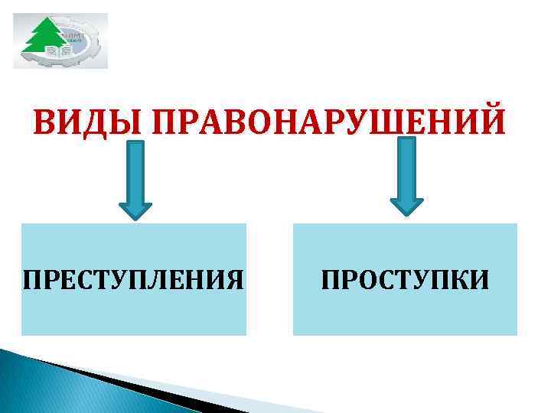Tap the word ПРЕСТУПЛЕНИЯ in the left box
[134, 280]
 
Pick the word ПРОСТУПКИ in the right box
[406, 280]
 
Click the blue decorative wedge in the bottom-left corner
[46, 382]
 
